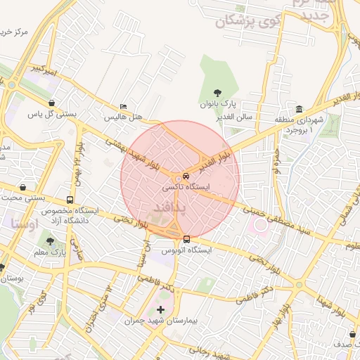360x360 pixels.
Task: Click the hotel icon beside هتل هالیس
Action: click(124, 107)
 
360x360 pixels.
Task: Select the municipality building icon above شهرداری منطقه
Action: click(300, 110)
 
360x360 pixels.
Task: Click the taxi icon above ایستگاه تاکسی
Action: click(185, 176)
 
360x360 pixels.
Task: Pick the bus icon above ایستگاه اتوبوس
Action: click(186, 238)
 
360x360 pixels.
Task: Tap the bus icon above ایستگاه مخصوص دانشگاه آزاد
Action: click(69, 200)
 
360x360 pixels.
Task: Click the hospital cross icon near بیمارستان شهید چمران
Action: click(160, 309)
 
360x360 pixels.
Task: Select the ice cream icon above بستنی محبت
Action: click(25, 188)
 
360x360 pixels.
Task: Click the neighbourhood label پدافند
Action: click(169, 208)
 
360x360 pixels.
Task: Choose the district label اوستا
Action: click(25, 224)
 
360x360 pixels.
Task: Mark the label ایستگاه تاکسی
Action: click(184, 188)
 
